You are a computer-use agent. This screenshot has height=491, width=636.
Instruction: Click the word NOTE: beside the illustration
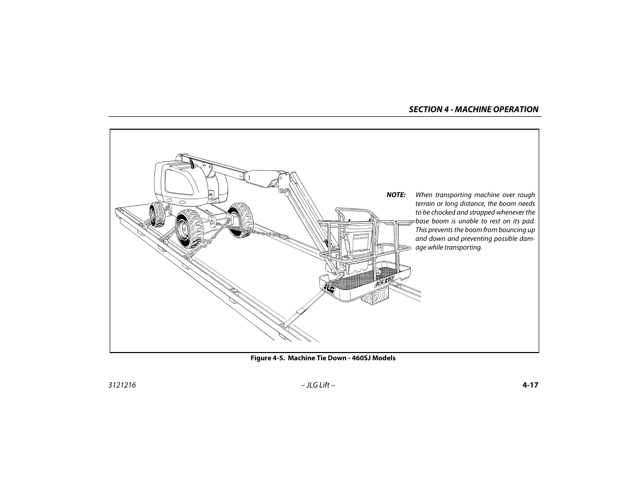coord(396,195)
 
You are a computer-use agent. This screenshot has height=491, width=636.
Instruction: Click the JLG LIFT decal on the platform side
coord(384,282)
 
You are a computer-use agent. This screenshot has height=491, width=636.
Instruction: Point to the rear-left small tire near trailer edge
coord(157,215)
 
